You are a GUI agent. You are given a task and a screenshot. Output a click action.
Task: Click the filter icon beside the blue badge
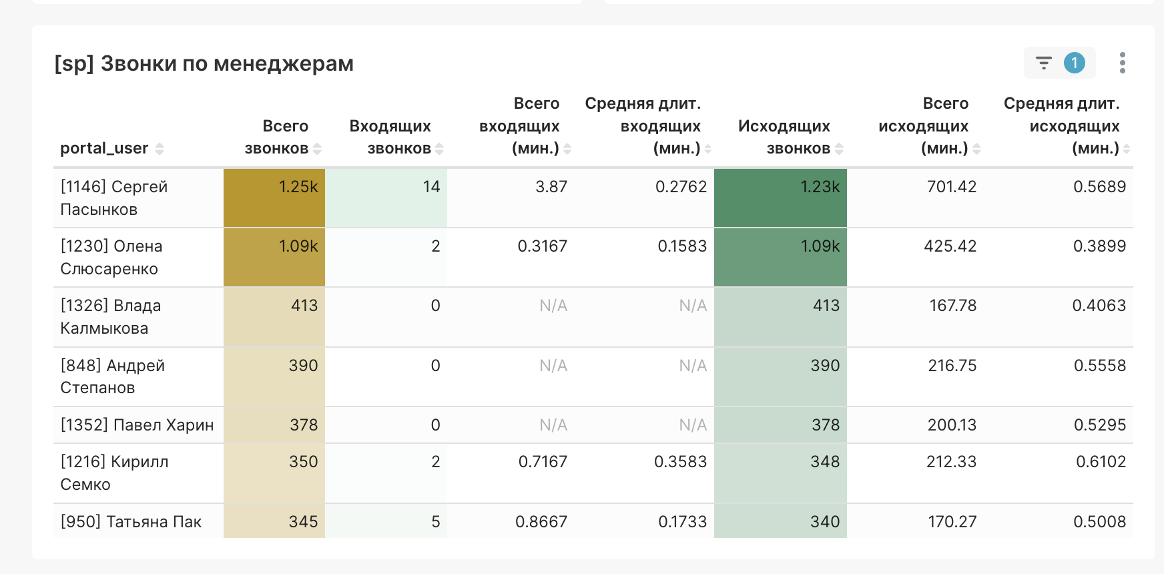pyautogui.click(x=1044, y=63)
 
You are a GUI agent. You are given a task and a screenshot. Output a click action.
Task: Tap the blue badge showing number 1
pyautogui.click(x=1075, y=63)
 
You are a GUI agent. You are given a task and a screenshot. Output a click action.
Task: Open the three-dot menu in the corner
pyautogui.click(x=1123, y=63)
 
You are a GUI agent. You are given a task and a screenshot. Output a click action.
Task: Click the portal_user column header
pyautogui.click(x=104, y=148)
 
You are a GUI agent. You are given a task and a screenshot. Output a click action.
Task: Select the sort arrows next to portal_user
pyautogui.click(x=160, y=149)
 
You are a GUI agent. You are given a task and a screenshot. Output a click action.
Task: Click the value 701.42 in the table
pyautogui.click(x=951, y=187)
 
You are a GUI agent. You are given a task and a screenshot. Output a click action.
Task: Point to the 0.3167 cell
pyautogui.click(x=542, y=246)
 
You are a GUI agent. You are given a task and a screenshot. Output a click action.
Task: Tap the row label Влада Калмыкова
pyautogui.click(x=111, y=317)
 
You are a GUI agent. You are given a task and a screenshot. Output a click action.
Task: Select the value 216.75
pyautogui.click(x=952, y=366)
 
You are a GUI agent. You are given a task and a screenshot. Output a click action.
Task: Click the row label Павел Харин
pyautogui.click(x=137, y=425)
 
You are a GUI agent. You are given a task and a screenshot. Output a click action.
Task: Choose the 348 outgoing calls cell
pyautogui.click(x=825, y=462)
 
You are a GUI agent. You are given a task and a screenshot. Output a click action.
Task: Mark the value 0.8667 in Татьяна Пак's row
pyautogui.click(x=541, y=522)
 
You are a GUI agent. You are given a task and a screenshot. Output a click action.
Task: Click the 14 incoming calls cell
pyautogui.click(x=431, y=187)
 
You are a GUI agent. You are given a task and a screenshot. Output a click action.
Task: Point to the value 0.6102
pyautogui.click(x=1101, y=462)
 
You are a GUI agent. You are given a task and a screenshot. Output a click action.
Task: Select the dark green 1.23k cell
pyautogui.click(x=820, y=187)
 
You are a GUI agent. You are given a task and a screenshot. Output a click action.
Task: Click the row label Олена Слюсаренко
pyautogui.click(x=111, y=258)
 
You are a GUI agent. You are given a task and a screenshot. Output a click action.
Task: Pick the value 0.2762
pyautogui.click(x=681, y=187)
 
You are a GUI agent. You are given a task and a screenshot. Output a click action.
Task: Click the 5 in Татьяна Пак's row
pyautogui.click(x=435, y=522)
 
